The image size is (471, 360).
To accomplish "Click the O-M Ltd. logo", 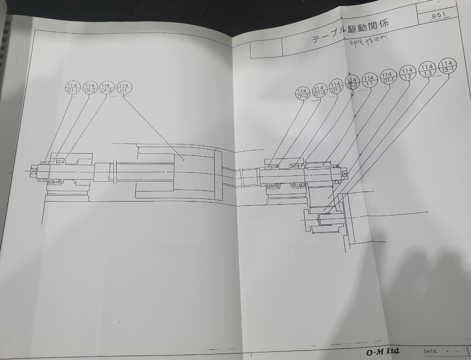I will click(x=383, y=351).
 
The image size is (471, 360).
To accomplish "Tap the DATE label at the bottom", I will click(x=430, y=351).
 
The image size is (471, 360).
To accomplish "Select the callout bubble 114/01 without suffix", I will click(x=124, y=88).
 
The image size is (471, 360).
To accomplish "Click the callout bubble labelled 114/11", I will click(x=369, y=80).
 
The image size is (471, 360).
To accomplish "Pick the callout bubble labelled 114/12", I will click(x=407, y=73).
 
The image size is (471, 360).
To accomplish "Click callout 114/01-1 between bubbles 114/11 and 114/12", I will click(x=388, y=77).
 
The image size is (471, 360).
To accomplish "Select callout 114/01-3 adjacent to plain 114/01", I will click(x=107, y=88).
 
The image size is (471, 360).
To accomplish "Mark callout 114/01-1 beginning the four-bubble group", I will click(x=73, y=88).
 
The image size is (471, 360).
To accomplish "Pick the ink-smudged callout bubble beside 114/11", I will click(x=352, y=83).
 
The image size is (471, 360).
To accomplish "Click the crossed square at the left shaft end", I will click(x=34, y=171).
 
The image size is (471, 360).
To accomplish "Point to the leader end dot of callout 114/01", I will click(x=183, y=160).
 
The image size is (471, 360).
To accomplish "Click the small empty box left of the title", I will click(x=266, y=50).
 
